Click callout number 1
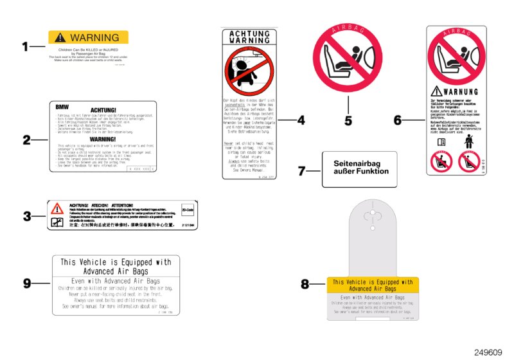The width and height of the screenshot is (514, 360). tap(26, 46)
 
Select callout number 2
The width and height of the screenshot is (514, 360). tap(26, 139)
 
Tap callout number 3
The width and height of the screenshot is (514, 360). tap(26, 217)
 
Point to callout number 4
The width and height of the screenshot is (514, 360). tap(301, 120)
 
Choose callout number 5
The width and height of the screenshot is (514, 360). tap(348, 120)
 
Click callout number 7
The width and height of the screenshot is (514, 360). tap(303, 171)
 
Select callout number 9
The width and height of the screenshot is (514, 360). tap(26, 282)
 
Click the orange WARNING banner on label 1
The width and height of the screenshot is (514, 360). tap(88, 37)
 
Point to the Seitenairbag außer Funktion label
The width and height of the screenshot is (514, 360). tap(360, 169)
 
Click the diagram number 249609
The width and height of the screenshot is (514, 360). tap(488, 352)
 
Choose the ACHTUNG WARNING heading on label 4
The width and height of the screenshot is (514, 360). tap(250, 36)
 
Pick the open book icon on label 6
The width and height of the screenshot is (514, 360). tap(441, 141)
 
